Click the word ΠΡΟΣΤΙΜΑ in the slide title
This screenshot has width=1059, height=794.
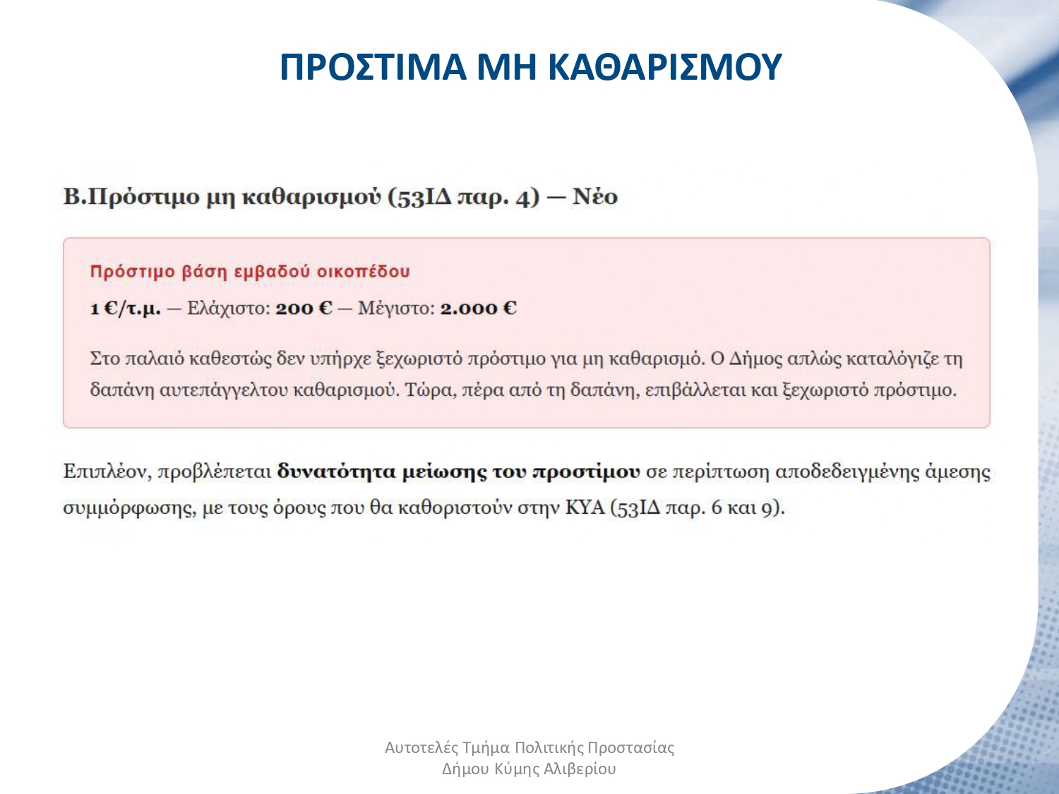click(373, 66)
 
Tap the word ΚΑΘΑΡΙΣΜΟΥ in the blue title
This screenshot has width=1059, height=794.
click(665, 66)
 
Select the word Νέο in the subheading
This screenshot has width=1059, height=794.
click(595, 197)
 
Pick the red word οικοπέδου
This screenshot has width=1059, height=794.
click(363, 272)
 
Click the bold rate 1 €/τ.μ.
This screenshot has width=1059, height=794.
click(126, 308)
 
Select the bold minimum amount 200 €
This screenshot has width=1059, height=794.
click(304, 308)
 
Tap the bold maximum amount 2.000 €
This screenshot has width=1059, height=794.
click(478, 308)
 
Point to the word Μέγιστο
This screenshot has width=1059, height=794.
click(396, 308)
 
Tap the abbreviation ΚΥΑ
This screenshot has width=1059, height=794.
click(585, 507)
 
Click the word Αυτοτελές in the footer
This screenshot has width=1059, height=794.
click(421, 747)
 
